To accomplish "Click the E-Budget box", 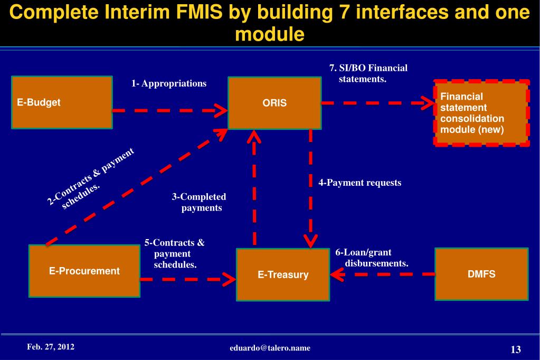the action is (x=62, y=102).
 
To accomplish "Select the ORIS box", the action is (x=274, y=103).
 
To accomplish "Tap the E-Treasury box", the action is (x=283, y=274).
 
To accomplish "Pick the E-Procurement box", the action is (x=84, y=271).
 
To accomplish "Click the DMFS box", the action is (x=481, y=274).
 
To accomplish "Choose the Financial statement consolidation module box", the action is (x=481, y=113).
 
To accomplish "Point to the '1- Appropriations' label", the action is (x=169, y=83).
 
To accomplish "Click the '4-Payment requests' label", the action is (x=360, y=183).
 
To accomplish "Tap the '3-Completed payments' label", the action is (x=199, y=202).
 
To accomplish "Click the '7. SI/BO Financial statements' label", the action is (x=368, y=73).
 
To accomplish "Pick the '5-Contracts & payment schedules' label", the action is (x=175, y=253).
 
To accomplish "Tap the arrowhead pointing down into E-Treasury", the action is (x=310, y=242).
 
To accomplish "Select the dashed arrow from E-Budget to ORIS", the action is (x=170, y=110).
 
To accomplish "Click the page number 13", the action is (x=516, y=349).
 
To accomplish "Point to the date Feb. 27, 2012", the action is (x=51, y=347).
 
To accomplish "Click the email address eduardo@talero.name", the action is (x=270, y=348).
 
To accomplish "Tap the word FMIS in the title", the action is (x=200, y=12).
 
